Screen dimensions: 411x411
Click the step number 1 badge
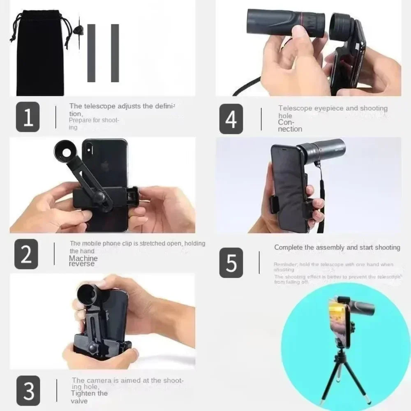(28, 117)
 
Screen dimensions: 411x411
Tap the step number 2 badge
(26, 254)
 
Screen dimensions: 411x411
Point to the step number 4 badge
(231, 119)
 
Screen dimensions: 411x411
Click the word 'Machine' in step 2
(83, 258)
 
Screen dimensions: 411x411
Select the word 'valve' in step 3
(79, 401)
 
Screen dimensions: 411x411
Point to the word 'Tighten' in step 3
(84, 393)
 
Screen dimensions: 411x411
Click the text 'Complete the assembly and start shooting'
(337, 247)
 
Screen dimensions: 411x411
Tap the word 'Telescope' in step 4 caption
(295, 109)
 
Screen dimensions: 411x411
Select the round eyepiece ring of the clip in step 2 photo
(67, 151)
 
